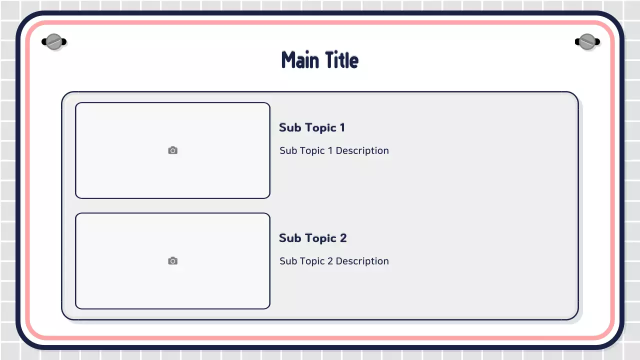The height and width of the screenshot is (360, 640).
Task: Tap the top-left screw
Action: point(54,41)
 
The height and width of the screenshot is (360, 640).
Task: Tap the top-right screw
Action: point(587,41)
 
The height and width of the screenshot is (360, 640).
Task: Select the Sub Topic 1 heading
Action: point(311,127)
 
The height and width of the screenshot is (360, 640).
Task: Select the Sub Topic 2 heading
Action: point(312,238)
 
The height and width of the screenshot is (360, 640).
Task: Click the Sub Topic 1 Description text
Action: point(334,150)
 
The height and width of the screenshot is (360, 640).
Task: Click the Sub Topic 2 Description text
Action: point(334,261)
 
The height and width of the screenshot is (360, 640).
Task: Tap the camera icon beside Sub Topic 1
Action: point(172,150)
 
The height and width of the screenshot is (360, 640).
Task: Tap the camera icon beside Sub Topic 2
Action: point(172,261)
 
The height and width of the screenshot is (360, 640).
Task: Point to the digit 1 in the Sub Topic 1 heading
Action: point(342,127)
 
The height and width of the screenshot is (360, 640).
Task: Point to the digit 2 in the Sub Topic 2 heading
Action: point(343,238)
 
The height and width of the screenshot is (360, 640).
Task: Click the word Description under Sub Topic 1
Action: point(362,150)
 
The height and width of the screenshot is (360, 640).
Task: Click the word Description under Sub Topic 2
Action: point(362,261)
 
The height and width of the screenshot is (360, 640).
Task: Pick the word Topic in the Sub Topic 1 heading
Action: point(320,127)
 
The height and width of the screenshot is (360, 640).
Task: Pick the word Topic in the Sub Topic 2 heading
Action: point(320,238)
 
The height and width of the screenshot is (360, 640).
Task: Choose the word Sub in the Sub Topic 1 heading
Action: point(290,127)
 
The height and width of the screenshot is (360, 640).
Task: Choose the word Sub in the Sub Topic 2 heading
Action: point(290,238)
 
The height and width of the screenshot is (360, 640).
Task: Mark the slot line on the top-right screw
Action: point(587,41)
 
